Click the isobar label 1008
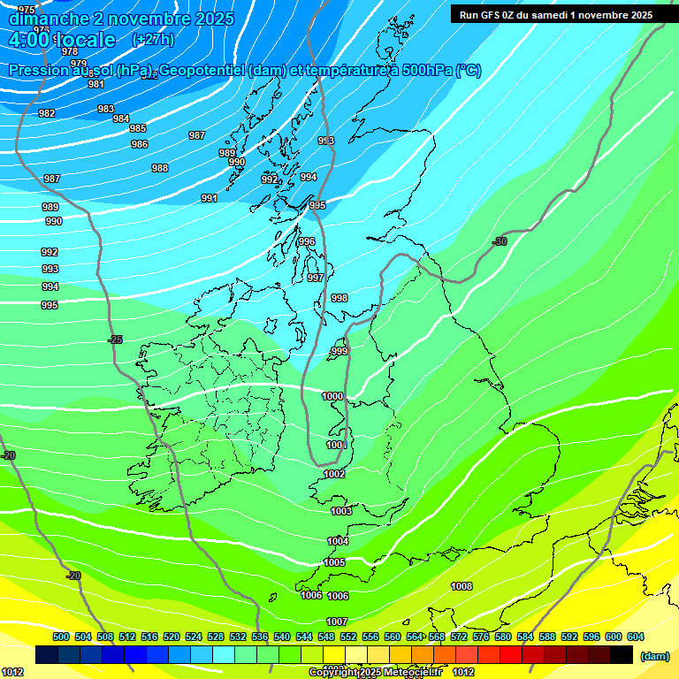tap(462, 586)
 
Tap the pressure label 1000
tap(333, 397)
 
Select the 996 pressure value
tap(307, 241)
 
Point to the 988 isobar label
tap(160, 168)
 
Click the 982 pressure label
tap(47, 113)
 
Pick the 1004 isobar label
tap(338, 541)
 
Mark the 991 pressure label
tap(210, 198)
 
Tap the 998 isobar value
tap(339, 298)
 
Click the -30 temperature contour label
tap(500, 241)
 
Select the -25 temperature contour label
tap(115, 339)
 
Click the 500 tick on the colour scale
tap(61, 637)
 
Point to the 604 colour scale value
tap(636, 637)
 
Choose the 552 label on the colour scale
tap(348, 637)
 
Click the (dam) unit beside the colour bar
tap(654, 656)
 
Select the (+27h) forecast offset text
tap(153, 40)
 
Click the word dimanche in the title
tap(49, 19)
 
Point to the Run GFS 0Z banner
tap(552, 14)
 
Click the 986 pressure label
tap(140, 144)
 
